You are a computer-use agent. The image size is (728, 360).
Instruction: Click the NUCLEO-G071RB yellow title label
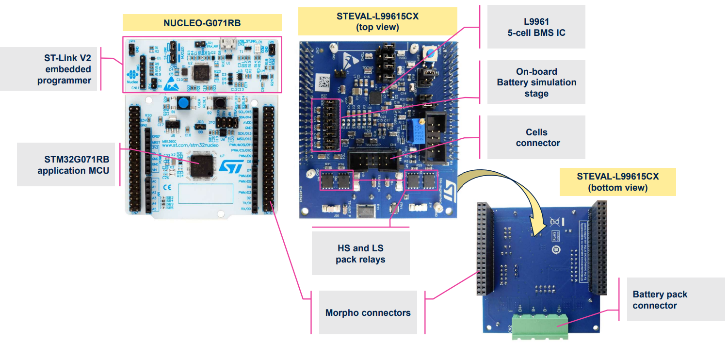tap(202, 23)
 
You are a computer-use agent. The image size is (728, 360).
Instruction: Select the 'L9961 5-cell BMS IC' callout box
tap(536, 27)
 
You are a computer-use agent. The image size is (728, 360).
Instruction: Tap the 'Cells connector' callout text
tap(536, 137)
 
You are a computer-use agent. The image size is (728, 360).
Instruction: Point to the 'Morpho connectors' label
tap(368, 312)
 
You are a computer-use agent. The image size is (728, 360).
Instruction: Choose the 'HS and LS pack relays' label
tap(360, 254)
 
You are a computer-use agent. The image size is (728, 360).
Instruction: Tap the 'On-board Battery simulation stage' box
tap(536, 82)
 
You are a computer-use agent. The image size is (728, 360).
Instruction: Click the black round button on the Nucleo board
tap(218, 103)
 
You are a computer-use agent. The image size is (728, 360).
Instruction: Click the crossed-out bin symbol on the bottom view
tap(556, 223)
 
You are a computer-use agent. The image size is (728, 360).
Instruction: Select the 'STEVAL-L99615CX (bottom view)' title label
tap(617, 181)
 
